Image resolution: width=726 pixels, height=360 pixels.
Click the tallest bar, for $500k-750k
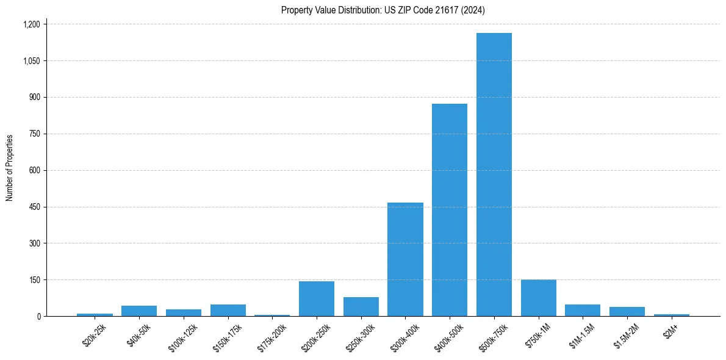[x=494, y=175]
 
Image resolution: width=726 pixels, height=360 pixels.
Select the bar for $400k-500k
[x=450, y=210]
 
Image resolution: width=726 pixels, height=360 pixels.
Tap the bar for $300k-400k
[x=405, y=259]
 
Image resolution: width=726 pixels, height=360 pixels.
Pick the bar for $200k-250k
[x=316, y=299]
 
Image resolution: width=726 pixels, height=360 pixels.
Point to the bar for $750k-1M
[x=538, y=298]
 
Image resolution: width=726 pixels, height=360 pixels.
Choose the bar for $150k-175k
[x=228, y=310]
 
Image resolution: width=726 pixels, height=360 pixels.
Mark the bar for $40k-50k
[x=139, y=311]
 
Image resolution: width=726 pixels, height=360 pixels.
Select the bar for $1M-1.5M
[x=583, y=310]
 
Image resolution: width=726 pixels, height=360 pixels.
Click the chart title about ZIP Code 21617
[x=383, y=10]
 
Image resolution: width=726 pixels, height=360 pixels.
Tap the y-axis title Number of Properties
[x=10, y=168]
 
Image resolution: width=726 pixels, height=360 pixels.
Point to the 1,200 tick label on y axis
[x=31, y=24]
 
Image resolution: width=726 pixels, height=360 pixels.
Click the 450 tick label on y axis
[x=35, y=207]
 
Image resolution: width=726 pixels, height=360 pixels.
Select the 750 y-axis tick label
[x=35, y=134]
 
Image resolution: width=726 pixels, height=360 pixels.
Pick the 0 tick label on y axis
[x=38, y=316]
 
